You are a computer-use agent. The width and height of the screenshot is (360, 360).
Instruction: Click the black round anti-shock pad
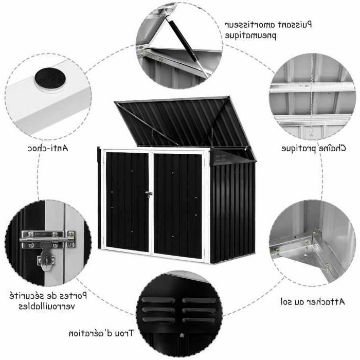pyautogui.click(x=50, y=78)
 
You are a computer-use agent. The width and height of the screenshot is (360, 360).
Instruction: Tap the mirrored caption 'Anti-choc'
pyautogui.click(x=48, y=148)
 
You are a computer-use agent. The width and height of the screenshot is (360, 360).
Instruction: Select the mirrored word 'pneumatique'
pyautogui.click(x=250, y=35)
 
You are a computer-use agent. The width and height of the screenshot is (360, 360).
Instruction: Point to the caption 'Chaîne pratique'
pyautogui.click(x=314, y=148)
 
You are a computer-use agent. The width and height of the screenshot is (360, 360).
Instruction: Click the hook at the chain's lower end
pyautogui.click(x=311, y=133)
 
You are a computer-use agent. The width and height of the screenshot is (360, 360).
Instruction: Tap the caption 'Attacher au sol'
pyautogui.click(x=313, y=301)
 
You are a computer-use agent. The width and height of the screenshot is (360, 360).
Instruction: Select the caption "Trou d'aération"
pyautogui.click(x=101, y=333)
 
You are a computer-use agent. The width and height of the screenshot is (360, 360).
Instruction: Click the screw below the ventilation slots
pyautogui.click(x=182, y=335)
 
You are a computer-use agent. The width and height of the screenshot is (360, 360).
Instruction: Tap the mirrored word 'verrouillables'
pyautogui.click(x=47, y=307)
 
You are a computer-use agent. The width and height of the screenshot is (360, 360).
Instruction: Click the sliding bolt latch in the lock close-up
pyautogui.click(x=48, y=240)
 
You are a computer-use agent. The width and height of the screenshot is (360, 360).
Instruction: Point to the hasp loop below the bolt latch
pyautogui.click(x=46, y=260)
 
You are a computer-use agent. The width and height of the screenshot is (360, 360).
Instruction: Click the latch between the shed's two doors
pyautogui.click(x=149, y=194)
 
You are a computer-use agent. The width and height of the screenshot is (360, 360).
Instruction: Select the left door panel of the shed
pyautogui.click(x=127, y=202)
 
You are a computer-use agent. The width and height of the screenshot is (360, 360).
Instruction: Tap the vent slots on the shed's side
pyautogui.click(x=221, y=158)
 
